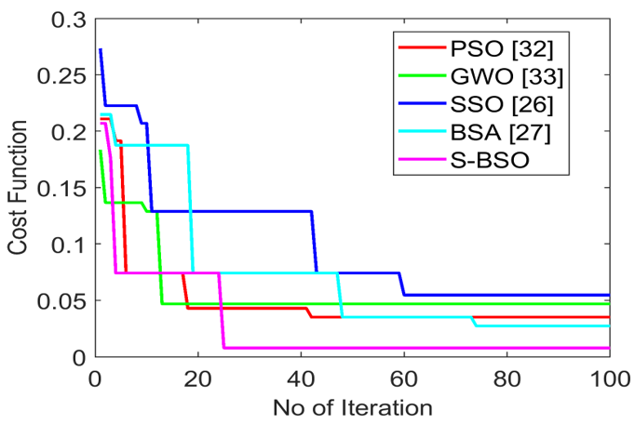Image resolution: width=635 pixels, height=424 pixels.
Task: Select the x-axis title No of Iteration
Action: [x=353, y=407]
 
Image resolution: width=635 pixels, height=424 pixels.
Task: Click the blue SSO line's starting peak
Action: [x=101, y=49]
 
